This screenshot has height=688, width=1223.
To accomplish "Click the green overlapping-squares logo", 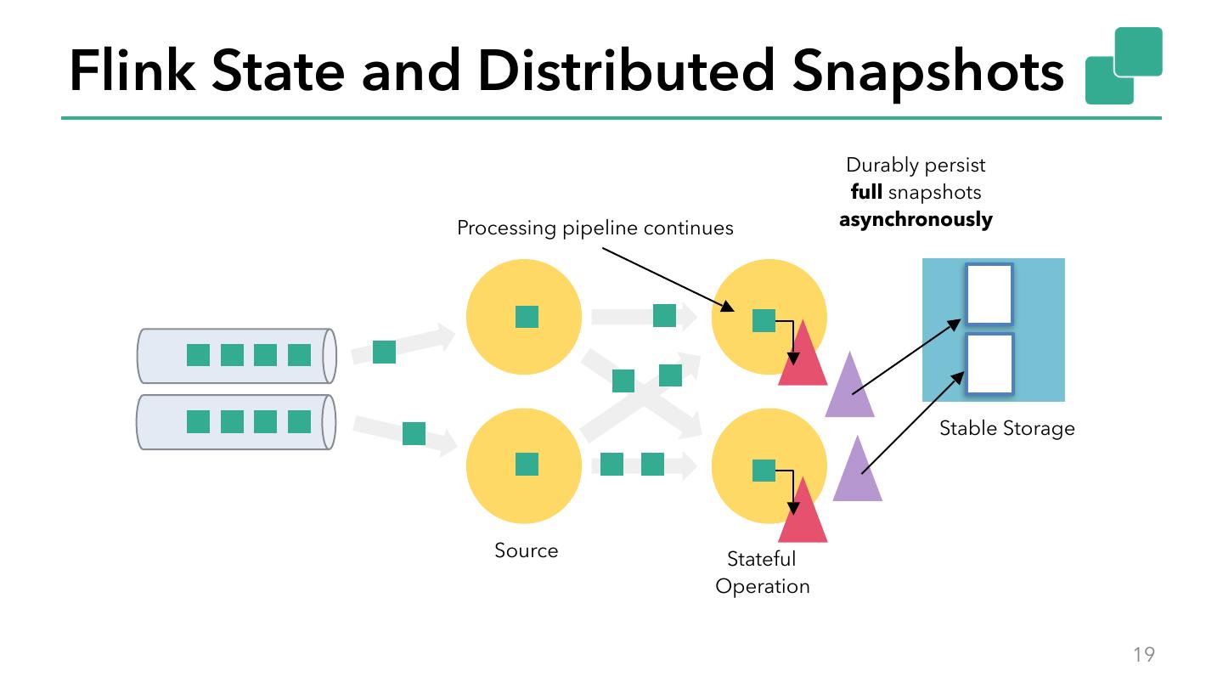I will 1123,65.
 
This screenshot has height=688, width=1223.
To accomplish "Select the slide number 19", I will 1143,654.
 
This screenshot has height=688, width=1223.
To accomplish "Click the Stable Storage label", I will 1006,428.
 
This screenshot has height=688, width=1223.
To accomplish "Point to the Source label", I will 526,550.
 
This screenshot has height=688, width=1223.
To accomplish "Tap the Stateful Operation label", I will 762,572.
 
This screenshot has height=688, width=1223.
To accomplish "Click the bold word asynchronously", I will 916,219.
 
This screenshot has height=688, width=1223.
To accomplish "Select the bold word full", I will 865,192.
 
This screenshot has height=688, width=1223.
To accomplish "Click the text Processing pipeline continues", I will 595,228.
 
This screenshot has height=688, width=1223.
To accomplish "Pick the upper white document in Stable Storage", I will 989,294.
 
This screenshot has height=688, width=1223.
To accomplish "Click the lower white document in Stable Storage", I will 989,364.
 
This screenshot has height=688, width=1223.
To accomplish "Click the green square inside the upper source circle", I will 527,317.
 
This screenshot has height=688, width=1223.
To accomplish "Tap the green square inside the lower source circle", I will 527,465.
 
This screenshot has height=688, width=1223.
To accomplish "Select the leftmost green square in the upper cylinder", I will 198,355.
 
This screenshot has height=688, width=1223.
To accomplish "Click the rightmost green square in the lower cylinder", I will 299,421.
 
